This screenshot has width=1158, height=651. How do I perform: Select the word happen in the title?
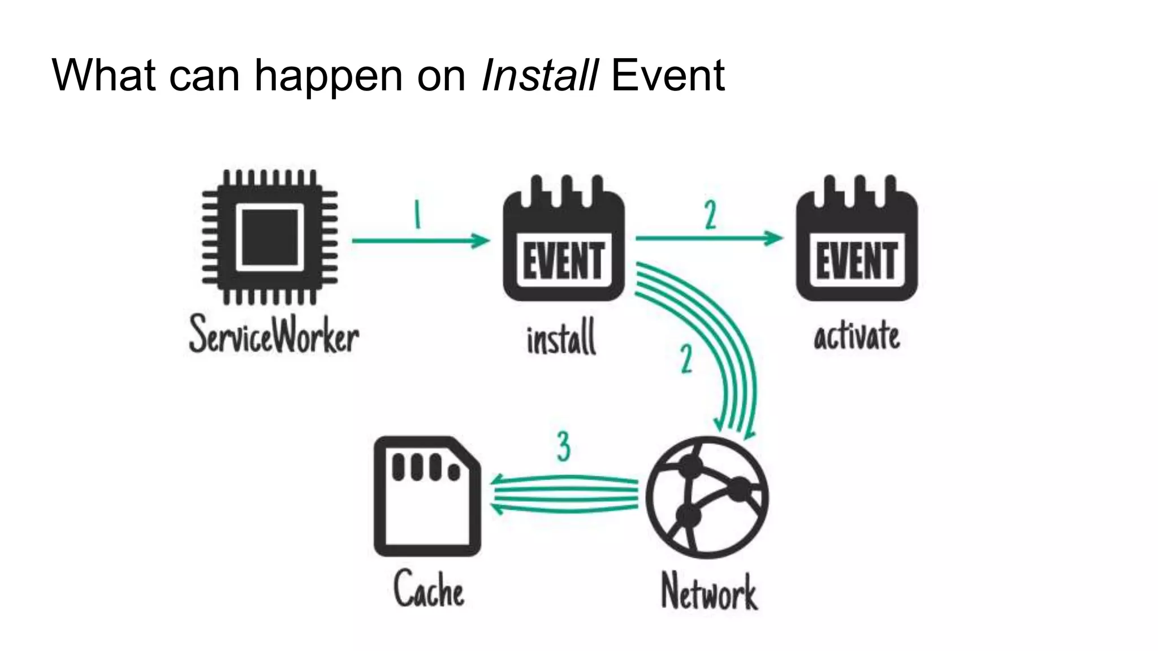coord(328,76)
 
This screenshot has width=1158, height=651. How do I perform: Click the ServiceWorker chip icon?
coord(270,237)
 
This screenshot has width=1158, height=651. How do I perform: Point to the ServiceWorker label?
coord(274,335)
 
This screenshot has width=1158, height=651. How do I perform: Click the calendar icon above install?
coord(564,240)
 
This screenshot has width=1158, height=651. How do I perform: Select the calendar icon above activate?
coord(857,240)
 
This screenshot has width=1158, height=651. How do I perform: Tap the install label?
coord(561,337)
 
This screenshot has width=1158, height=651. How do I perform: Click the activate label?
coord(857,336)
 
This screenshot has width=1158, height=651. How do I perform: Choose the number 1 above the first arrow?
coord(417,215)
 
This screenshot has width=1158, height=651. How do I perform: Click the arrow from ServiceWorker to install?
coord(421,241)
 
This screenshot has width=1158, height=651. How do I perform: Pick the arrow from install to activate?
coord(709,238)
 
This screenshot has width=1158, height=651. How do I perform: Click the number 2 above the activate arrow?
coord(711,215)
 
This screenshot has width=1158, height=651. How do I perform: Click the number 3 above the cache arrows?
coord(563,446)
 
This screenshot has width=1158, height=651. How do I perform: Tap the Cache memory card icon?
coord(427,496)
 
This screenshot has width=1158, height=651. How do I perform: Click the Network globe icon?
coord(707,497)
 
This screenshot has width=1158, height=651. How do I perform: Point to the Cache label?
coord(429,589)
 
